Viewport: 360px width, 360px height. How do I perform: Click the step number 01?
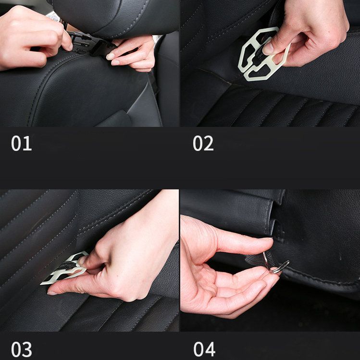(x=21, y=144)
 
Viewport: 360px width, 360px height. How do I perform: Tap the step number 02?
(x=203, y=144)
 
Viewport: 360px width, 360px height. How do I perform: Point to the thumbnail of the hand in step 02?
(x=268, y=49)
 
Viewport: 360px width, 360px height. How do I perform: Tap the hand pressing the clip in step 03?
(x=125, y=260)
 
